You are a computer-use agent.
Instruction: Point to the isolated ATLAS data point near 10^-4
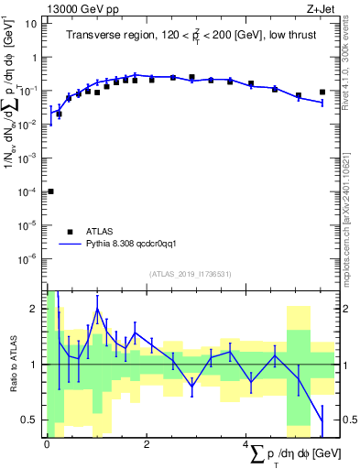50,191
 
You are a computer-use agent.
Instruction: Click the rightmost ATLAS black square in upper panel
322,92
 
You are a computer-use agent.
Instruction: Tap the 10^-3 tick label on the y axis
28,158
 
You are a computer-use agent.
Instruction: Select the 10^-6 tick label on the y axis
28,258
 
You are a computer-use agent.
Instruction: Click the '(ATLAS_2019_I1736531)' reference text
189,274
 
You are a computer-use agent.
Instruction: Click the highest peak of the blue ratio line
97,309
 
